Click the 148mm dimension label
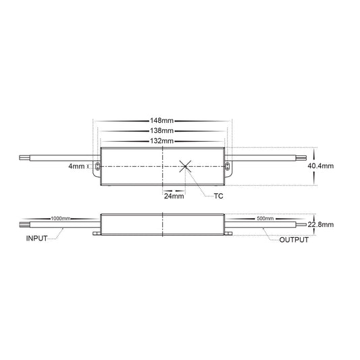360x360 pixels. coord(162,120)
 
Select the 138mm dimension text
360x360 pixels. coord(162,131)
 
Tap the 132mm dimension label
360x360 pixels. coord(162,140)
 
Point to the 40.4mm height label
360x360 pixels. coord(321,165)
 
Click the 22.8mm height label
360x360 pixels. coord(321,224)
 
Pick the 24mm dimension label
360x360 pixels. coord(174,196)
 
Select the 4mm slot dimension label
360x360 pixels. coord(76,166)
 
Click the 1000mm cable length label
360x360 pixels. coord(60,218)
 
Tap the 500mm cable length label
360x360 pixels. coord(265,218)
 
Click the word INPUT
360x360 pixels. coord(36,238)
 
